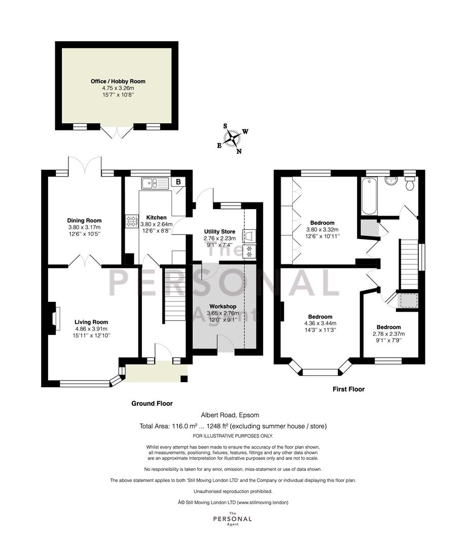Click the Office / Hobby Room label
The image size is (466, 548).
pos(118,81)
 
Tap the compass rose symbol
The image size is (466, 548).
pos(232,139)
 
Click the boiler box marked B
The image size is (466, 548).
pos(178,182)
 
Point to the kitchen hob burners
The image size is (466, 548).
pos(132,221)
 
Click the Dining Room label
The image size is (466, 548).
pos(85,221)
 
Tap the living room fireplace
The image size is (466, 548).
pos(54,318)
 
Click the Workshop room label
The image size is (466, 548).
pos(223,306)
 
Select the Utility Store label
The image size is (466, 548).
pos(220,231)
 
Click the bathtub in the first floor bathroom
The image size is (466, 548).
pos(369,196)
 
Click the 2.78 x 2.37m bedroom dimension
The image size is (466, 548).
pos(389,334)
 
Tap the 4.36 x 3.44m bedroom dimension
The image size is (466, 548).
pos(320,323)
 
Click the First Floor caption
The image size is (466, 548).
pos(349,389)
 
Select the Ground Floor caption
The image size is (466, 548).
pos(152,403)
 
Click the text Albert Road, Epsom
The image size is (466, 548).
pos(230,415)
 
